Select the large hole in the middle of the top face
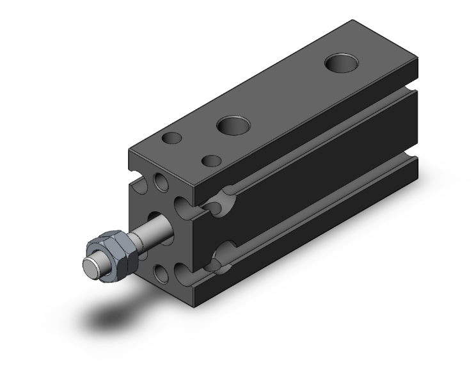click(232, 125)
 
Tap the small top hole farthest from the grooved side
click(171, 138)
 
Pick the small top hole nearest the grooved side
click(211, 160)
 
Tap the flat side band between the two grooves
click(307, 186)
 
